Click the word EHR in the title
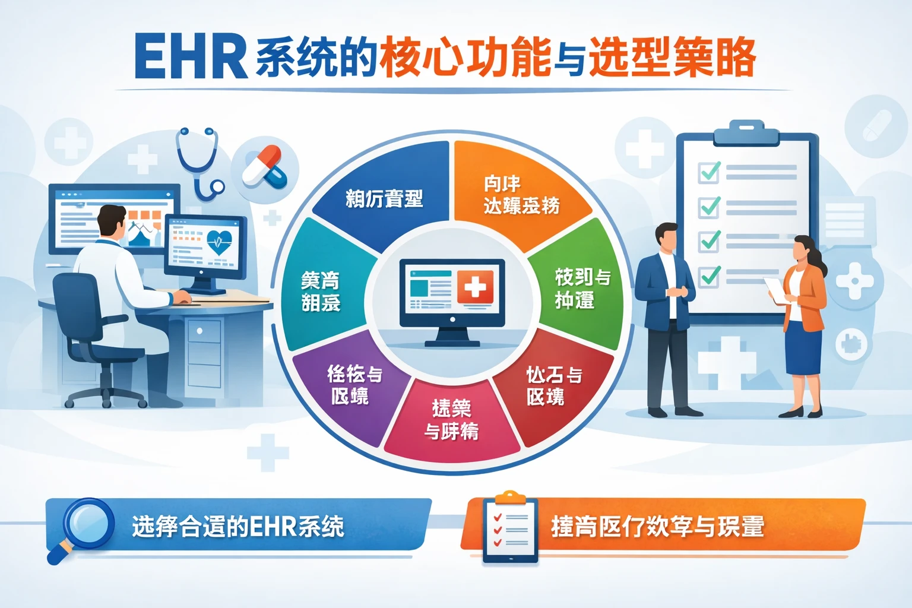190,56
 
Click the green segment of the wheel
579,288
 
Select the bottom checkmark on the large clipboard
710,275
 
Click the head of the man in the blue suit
667,237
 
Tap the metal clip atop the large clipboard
747,132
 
